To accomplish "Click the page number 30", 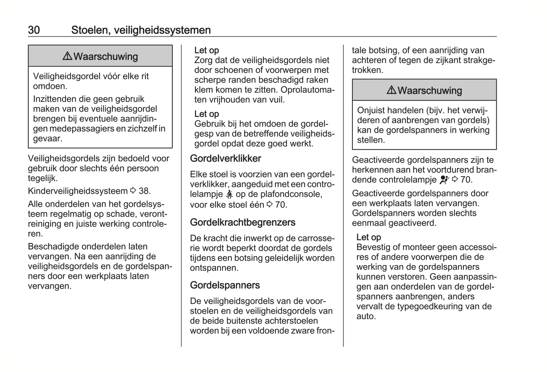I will (34, 30).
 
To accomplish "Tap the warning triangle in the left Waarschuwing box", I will (67, 56).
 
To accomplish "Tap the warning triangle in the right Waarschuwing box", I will (391, 90).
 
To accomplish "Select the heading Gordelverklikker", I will (226, 159).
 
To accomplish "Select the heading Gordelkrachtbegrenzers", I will (243, 222).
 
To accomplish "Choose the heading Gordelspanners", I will (225, 285).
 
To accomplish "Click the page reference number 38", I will (145, 191).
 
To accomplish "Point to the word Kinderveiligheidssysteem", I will (78, 191).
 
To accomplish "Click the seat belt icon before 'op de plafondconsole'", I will (229, 195).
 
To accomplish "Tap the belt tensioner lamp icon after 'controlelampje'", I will (444, 180).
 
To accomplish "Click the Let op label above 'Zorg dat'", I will (207, 50).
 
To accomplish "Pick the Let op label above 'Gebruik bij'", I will (207, 114).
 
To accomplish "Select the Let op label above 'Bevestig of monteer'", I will (369, 237).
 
